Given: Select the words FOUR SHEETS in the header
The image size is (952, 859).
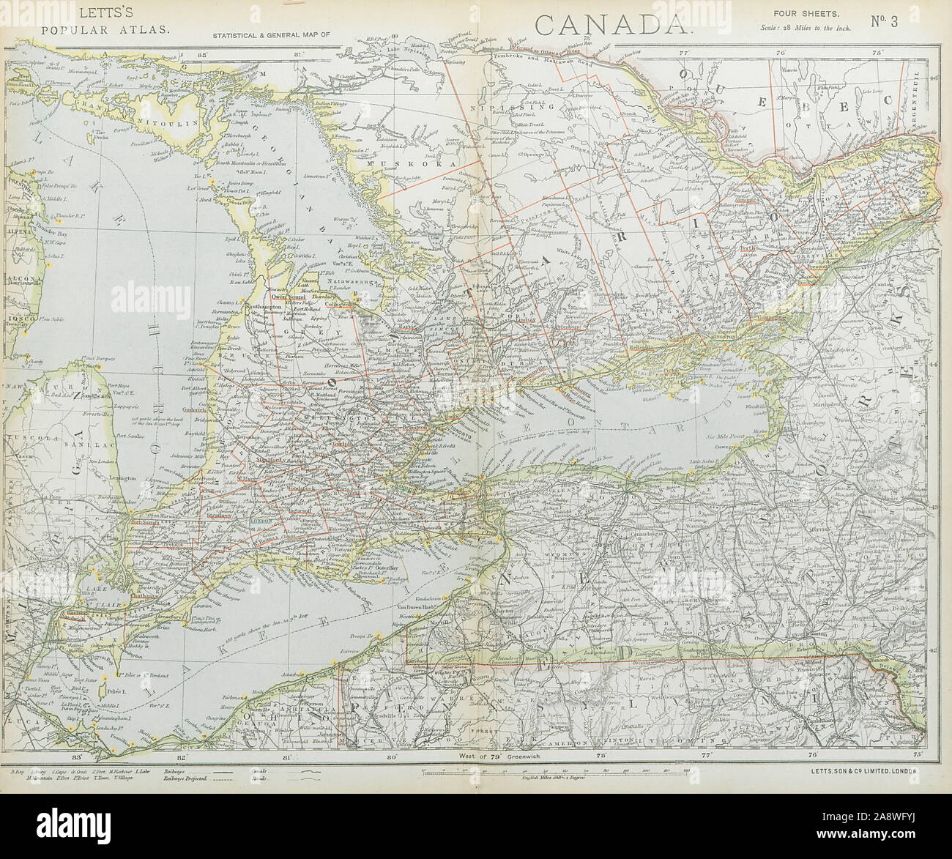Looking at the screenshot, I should coord(796,12).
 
